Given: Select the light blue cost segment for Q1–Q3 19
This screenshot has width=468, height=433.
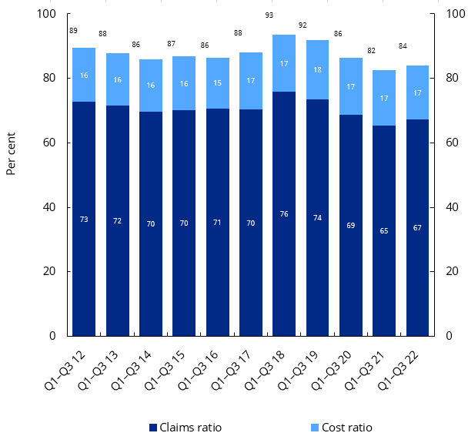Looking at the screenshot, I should pos(317,69).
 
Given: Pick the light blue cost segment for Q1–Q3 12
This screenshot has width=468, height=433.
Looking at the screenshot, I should pos(84,75).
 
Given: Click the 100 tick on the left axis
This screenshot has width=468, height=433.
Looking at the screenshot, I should pos(47,14).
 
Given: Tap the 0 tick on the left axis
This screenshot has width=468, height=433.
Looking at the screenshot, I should pos(52,336).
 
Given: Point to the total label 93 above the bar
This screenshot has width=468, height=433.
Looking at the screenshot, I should pos(269,15).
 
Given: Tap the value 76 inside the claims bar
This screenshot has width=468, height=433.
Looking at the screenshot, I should pos(284,214).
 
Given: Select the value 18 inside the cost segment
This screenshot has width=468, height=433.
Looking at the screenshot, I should pos(317,69).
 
